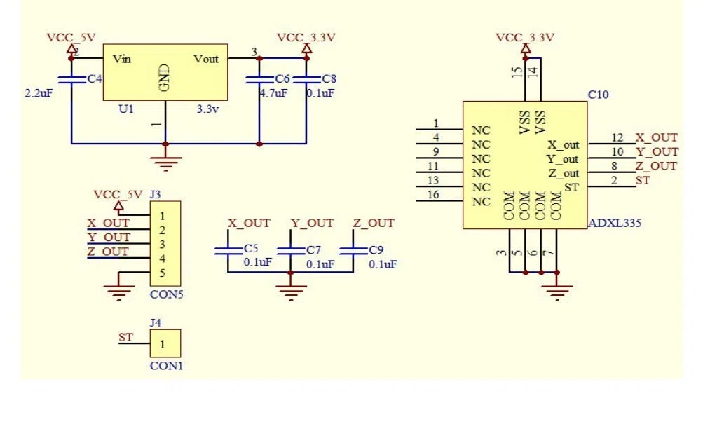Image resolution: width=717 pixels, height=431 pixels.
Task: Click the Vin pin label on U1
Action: tap(122, 59)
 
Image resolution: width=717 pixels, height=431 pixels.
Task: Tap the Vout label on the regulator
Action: tap(206, 59)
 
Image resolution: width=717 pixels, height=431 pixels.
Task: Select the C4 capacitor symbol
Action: tap(71, 79)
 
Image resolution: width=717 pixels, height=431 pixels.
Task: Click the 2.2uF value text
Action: tap(39, 93)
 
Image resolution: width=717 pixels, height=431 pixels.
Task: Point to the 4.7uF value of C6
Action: tap(274, 93)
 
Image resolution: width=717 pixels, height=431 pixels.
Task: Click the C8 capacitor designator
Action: tap(329, 79)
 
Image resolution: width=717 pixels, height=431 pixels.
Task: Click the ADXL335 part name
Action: tap(615, 223)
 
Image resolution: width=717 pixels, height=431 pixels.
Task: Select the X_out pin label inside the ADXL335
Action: tap(564, 145)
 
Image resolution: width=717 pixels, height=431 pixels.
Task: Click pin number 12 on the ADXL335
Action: tap(617, 137)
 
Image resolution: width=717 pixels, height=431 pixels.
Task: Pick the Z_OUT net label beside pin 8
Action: tap(656, 166)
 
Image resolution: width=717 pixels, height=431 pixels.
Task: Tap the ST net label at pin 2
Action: tap(643, 181)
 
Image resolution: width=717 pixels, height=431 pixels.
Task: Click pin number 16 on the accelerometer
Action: tap(433, 195)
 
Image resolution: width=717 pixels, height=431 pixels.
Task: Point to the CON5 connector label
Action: tap(166, 294)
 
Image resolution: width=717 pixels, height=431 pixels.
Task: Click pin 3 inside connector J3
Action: tap(162, 245)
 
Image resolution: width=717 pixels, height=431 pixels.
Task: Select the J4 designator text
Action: tap(156, 323)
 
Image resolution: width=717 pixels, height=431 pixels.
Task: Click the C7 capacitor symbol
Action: tap(290, 250)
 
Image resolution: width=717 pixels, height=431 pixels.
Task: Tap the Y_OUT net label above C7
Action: tap(313, 224)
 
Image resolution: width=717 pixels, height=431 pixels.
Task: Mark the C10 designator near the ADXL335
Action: tap(598, 95)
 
